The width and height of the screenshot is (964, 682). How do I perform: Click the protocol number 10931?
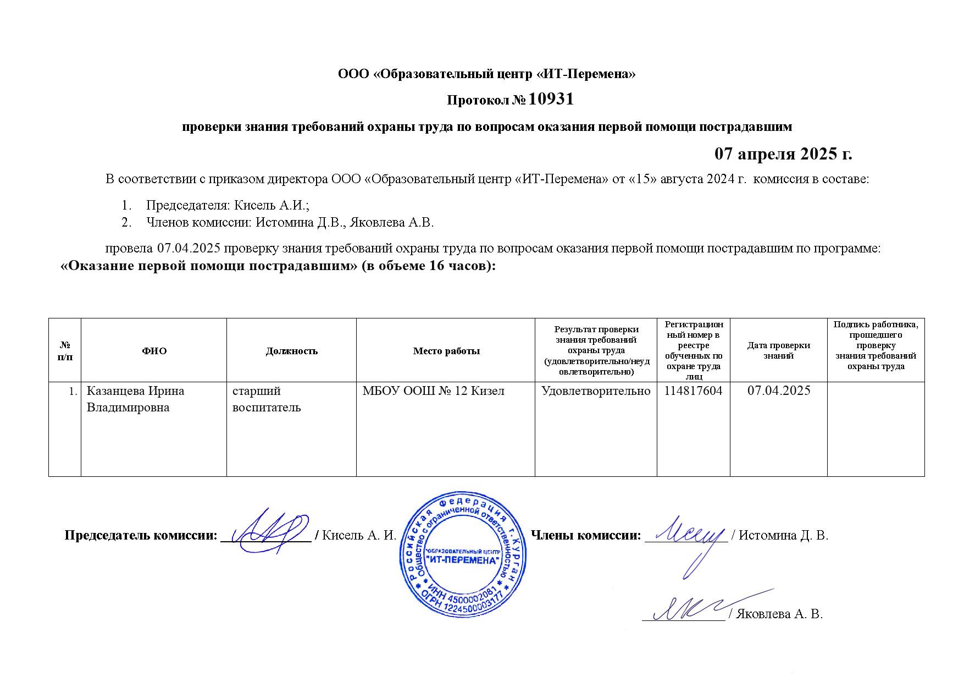click(551, 99)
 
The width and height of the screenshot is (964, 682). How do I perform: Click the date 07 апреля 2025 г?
click(783, 153)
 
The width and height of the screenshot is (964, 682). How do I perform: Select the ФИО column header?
click(154, 351)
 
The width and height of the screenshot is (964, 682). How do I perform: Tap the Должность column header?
click(291, 351)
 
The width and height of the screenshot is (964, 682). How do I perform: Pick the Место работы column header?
click(446, 351)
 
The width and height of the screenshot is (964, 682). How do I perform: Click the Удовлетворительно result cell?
click(596, 391)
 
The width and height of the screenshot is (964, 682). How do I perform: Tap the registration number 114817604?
click(693, 391)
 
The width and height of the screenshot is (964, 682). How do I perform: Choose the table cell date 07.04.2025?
click(779, 391)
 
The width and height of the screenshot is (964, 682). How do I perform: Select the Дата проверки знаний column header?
click(778, 350)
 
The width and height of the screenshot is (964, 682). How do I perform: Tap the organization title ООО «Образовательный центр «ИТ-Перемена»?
click(486, 74)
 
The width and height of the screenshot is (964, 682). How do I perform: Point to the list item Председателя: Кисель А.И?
click(228, 206)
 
